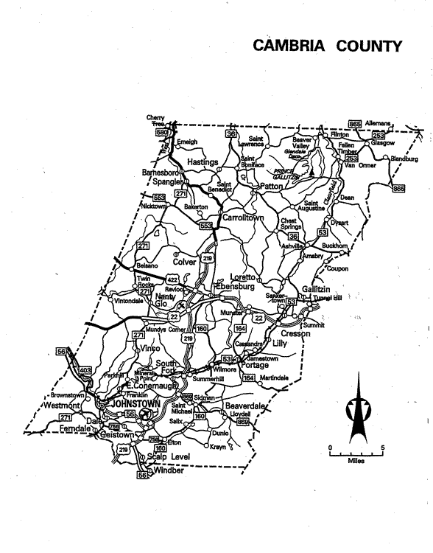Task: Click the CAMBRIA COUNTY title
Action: (x=328, y=46)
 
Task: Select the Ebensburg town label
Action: (x=234, y=285)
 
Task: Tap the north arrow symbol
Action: (x=356, y=406)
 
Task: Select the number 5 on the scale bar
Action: (x=381, y=448)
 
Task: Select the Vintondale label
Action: (x=133, y=301)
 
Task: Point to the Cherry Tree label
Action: (x=155, y=120)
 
